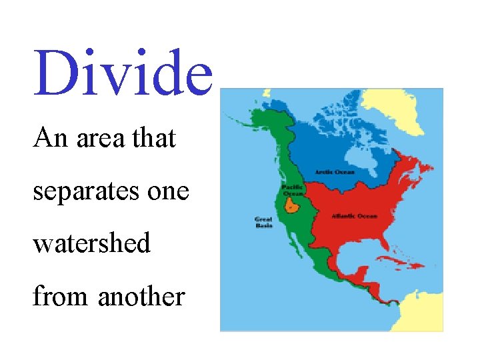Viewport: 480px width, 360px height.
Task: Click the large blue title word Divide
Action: (123, 71)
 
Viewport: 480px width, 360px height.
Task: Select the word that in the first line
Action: (154, 138)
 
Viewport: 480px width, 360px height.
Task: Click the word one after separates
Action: (171, 192)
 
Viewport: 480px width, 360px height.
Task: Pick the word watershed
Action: (92, 243)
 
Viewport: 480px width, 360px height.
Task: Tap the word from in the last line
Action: (61, 295)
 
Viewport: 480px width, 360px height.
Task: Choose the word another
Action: (141, 295)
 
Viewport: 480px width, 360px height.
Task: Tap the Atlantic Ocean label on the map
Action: (354, 216)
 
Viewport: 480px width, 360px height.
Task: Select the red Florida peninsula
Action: (387, 251)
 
